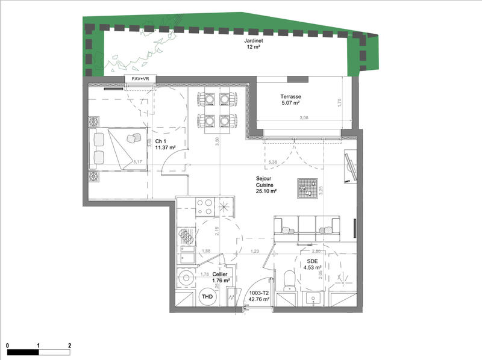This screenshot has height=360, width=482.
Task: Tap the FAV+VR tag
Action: click(x=140, y=79)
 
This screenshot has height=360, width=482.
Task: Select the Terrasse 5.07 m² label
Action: click(x=290, y=100)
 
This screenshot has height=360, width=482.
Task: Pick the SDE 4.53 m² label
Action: click(x=312, y=264)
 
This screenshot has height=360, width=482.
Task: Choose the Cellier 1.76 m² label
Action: click(x=222, y=276)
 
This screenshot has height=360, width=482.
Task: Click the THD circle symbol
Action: click(x=207, y=297)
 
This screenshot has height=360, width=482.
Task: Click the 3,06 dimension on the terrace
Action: click(x=304, y=118)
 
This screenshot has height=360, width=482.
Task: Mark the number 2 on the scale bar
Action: click(x=70, y=346)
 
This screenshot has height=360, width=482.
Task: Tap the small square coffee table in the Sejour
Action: click(x=305, y=188)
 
